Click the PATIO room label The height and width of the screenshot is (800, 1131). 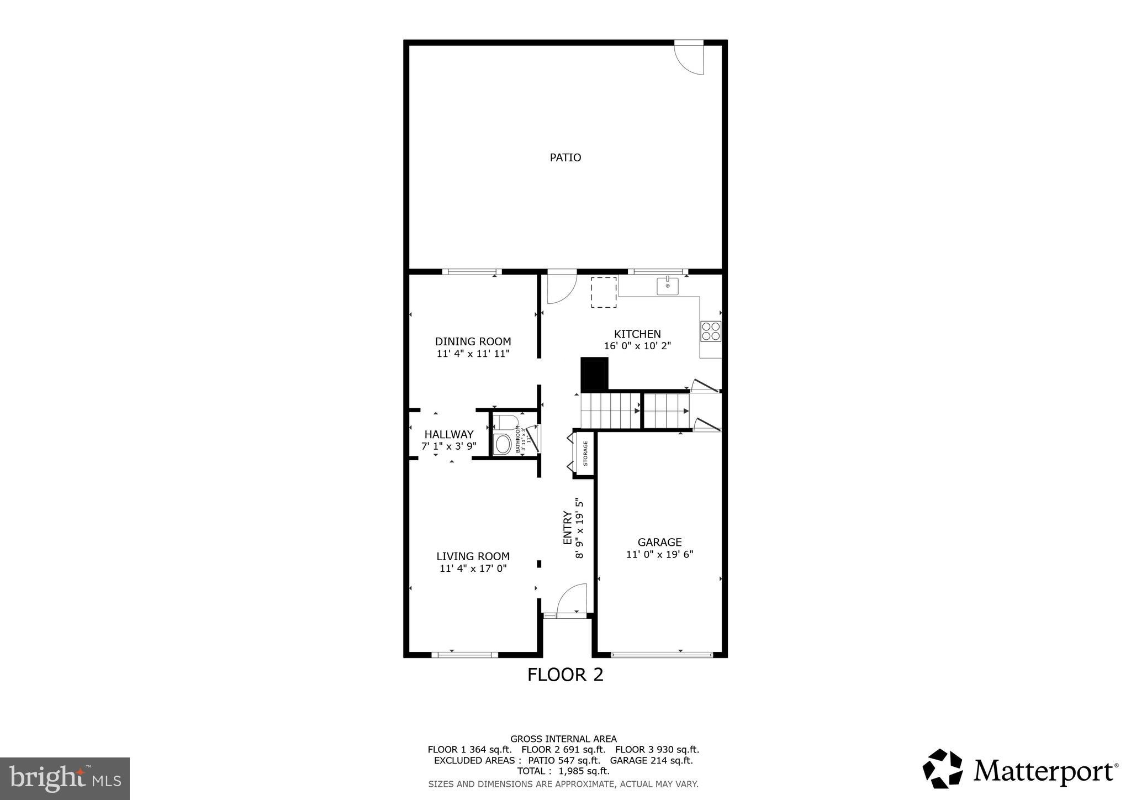(x=565, y=157)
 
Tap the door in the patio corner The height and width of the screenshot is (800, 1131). (x=690, y=59)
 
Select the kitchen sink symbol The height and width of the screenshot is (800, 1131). (x=667, y=286)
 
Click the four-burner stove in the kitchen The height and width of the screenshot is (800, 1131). (x=711, y=331)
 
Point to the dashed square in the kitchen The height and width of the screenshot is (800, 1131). (x=604, y=292)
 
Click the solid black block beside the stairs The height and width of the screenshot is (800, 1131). (x=594, y=373)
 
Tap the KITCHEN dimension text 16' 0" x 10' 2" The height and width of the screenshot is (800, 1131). (x=637, y=346)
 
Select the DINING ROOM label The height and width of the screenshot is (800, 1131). (x=473, y=341)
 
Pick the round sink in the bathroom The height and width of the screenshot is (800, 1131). (x=503, y=444)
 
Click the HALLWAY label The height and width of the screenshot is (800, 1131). (x=448, y=434)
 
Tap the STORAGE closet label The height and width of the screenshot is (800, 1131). (x=585, y=453)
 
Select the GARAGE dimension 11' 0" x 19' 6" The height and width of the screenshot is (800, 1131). (x=659, y=554)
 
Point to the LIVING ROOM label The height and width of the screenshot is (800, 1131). (x=473, y=556)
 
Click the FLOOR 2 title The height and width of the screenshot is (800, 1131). (x=565, y=675)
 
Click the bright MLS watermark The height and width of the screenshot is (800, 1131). (x=65, y=779)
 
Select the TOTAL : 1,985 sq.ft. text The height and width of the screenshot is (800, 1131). (x=563, y=771)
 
